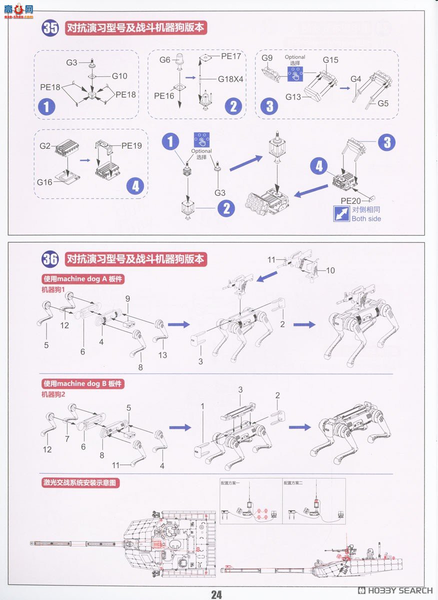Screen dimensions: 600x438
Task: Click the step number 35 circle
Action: (x=50, y=28)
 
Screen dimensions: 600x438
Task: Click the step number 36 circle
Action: (x=50, y=259)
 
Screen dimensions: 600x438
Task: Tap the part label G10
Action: (x=119, y=76)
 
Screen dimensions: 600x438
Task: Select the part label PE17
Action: (x=231, y=56)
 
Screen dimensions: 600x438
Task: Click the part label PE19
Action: (x=131, y=146)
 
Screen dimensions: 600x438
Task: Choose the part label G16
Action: (x=44, y=182)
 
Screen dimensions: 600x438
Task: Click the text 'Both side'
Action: (x=366, y=218)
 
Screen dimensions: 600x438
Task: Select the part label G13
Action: (x=294, y=97)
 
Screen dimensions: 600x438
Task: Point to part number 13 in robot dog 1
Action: (x=162, y=355)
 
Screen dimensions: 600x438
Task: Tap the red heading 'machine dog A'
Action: (x=83, y=279)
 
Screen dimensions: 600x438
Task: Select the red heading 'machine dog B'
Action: (x=83, y=383)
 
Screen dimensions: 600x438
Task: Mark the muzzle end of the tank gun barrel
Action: (x=32, y=542)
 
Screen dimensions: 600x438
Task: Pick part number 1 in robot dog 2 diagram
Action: (x=202, y=406)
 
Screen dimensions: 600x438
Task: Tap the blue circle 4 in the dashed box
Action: (x=135, y=186)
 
